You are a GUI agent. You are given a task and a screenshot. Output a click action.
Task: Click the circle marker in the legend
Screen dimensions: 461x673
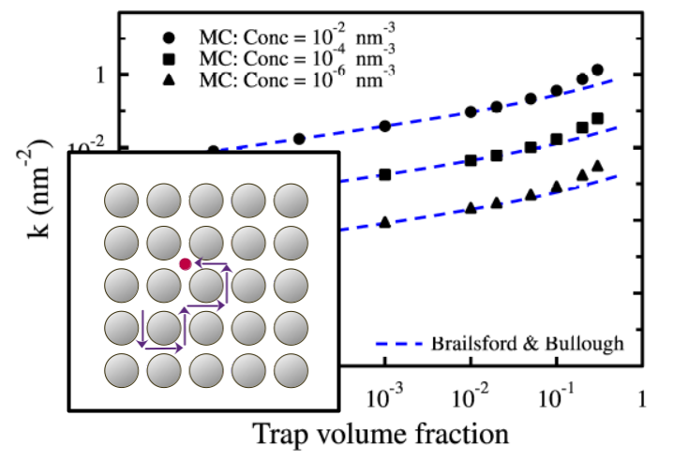tap(169, 38)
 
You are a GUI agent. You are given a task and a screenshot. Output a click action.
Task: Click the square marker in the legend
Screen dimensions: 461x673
tap(169, 59)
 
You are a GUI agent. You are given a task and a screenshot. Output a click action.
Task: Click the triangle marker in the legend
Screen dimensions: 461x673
tap(169, 80)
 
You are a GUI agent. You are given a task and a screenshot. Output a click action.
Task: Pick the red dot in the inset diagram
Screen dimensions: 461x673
tap(186, 265)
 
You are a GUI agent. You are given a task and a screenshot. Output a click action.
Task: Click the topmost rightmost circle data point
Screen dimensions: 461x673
tap(597, 70)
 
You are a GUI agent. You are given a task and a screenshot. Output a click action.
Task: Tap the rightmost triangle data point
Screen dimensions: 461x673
tap(597, 166)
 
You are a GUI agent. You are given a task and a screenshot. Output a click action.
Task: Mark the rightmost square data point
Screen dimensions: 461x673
tap(597, 119)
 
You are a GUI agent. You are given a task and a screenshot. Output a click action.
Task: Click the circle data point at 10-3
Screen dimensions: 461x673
tap(384, 126)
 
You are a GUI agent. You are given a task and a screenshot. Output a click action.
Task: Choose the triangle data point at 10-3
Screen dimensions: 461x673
tap(384, 222)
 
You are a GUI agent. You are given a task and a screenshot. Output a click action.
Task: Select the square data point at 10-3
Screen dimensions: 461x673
tap(384, 174)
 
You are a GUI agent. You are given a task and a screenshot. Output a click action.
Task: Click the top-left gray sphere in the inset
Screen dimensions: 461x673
tap(120, 200)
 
